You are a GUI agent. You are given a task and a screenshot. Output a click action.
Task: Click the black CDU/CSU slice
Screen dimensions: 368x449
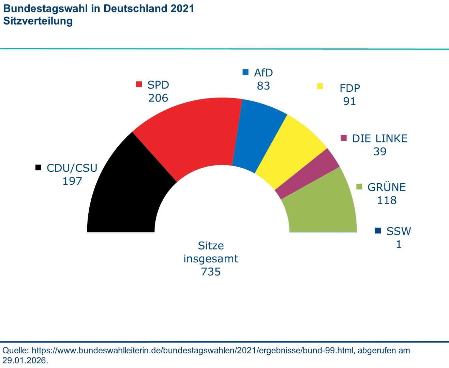(x=126, y=198)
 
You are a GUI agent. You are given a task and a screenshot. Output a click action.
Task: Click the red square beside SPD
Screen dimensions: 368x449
(x=139, y=85)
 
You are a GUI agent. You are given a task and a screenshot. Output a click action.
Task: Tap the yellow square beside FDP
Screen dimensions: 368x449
(x=320, y=86)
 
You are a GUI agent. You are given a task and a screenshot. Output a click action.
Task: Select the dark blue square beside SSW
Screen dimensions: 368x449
(x=378, y=231)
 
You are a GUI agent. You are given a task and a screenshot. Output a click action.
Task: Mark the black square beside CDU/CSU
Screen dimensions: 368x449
(x=39, y=168)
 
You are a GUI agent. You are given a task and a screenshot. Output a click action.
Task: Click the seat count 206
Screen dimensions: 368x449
(x=158, y=98)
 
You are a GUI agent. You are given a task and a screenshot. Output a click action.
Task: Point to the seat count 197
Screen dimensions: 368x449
(x=72, y=181)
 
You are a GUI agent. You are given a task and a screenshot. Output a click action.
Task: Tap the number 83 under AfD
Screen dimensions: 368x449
(x=264, y=86)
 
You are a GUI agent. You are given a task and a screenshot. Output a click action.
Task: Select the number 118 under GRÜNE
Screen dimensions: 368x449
(x=387, y=200)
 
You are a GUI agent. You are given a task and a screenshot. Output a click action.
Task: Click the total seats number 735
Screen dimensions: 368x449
(x=211, y=272)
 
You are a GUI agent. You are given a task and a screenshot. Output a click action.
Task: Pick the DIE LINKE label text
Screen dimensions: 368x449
(x=380, y=138)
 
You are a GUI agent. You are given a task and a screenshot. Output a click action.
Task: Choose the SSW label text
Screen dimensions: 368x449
(x=399, y=231)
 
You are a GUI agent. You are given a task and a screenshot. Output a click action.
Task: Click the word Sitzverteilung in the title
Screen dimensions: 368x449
(x=38, y=21)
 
